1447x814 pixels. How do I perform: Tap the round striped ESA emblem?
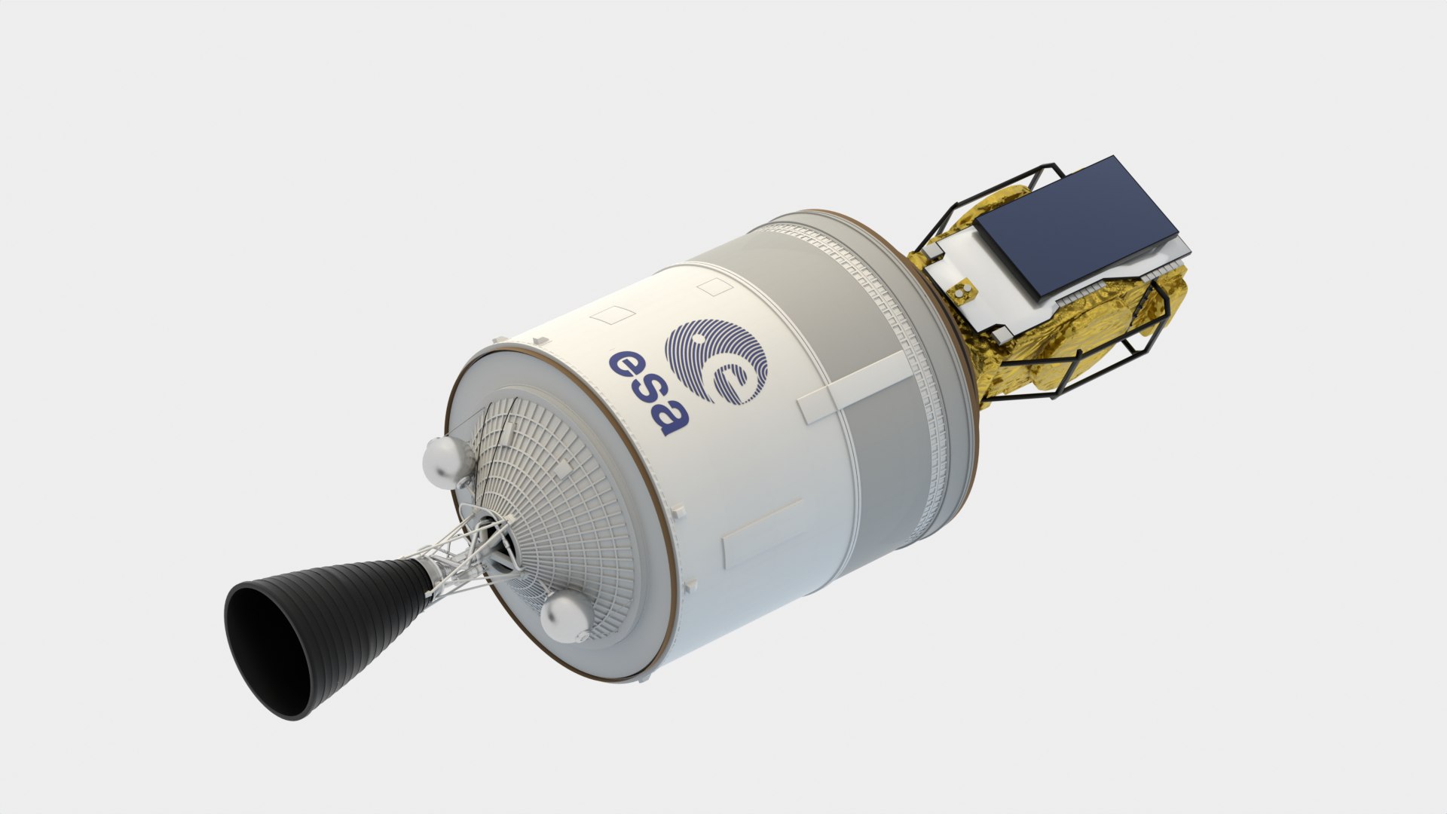click(716, 360)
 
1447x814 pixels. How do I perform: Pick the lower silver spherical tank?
click(565, 616)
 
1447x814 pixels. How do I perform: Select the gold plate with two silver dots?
click(962, 291)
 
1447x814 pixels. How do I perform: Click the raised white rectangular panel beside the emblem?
click(852, 387)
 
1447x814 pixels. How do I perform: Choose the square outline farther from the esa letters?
click(712, 286)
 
